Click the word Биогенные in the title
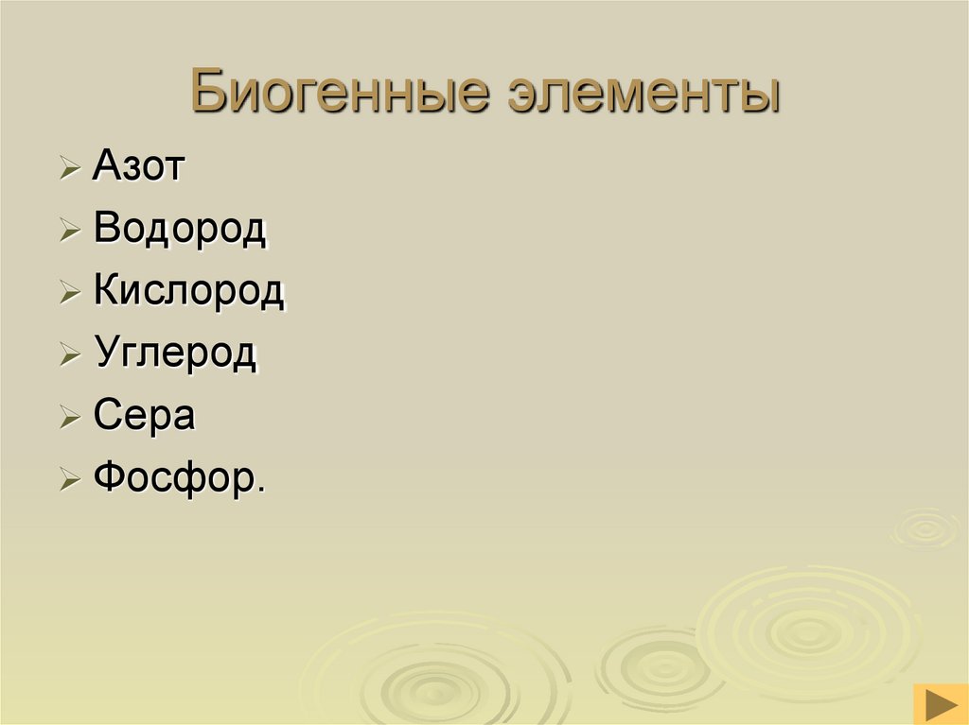click(340, 95)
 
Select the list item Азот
click(140, 167)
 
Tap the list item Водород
click(180, 230)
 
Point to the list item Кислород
click(188, 291)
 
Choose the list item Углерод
click(175, 354)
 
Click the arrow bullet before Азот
click(70, 170)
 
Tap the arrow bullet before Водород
click(70, 233)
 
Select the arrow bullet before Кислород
click(70, 294)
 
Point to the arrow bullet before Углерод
click(70, 356)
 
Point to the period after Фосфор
click(260, 489)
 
